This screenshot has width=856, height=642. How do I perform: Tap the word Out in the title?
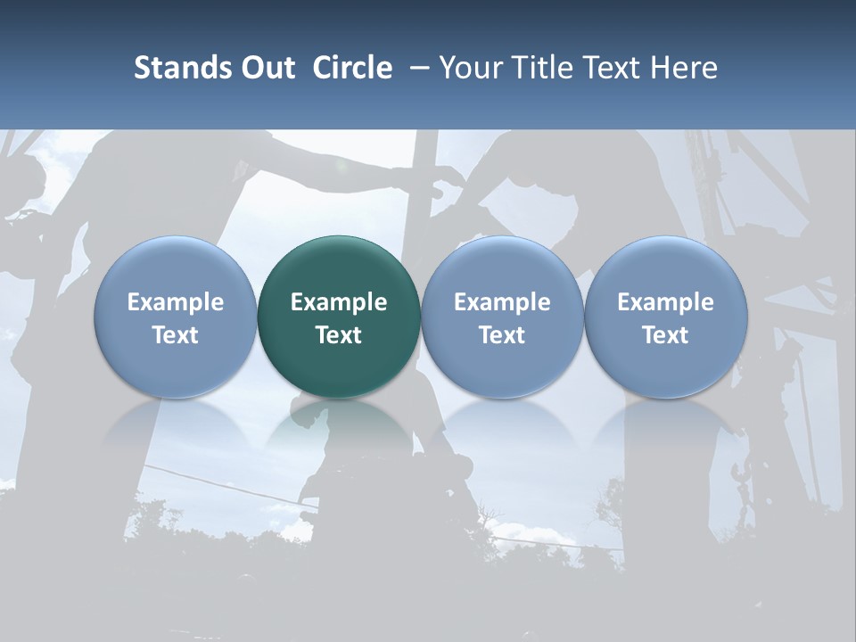266,68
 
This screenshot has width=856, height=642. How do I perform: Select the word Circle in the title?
352,68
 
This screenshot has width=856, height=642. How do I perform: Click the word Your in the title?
469,68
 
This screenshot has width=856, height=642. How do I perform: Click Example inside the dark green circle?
339,302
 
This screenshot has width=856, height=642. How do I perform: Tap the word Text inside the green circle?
339,335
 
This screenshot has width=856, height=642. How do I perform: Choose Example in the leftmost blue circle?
176,302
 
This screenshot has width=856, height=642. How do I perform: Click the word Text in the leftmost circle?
176,335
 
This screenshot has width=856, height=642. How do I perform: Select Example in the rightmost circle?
665,302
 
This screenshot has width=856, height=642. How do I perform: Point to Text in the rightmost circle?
665,335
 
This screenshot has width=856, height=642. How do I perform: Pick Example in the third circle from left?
502,302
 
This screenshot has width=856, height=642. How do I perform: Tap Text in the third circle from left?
502,335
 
